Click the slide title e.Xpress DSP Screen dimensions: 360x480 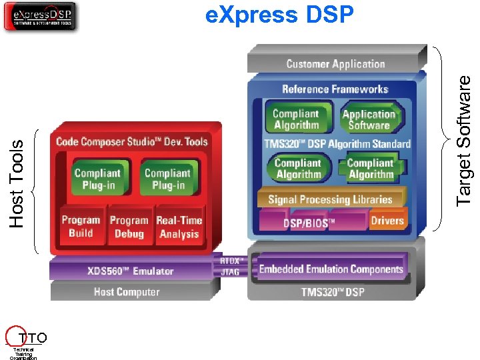[279, 15]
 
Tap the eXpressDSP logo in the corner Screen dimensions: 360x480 [40, 16]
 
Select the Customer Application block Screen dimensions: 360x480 [335, 64]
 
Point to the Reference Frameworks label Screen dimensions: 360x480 [335, 89]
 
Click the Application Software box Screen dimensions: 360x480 [369, 119]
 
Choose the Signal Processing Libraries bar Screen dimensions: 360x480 [330, 199]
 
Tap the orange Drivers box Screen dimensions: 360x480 [387, 221]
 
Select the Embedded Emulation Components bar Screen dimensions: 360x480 [331, 269]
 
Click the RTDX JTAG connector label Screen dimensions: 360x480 [230, 267]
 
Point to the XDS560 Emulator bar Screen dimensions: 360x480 [130, 271]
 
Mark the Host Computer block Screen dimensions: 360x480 [127, 291]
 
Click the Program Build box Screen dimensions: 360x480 [81, 227]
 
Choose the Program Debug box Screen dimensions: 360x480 [129, 227]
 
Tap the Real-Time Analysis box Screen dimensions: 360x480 [179, 227]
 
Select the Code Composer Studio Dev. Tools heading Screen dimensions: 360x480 [132, 141]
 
